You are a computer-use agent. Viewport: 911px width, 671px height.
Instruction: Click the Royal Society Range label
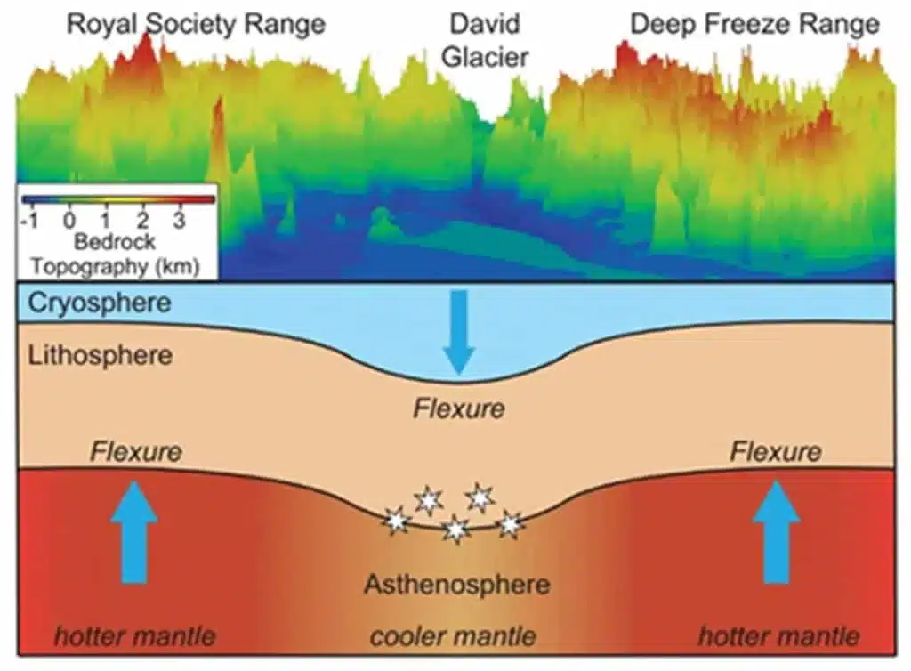pos(196,25)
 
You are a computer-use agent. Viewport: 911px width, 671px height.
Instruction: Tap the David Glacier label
pos(485,41)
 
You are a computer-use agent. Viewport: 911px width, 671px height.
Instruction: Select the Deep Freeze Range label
pos(754,25)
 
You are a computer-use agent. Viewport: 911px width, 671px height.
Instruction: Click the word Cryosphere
pos(100,303)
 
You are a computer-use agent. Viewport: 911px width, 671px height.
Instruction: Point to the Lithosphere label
pos(100,355)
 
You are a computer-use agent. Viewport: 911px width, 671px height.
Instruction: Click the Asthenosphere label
pos(457,584)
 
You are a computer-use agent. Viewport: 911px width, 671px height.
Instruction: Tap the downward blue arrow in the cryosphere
pos(459,332)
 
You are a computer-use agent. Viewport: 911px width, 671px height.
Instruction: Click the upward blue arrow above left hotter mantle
pos(134,531)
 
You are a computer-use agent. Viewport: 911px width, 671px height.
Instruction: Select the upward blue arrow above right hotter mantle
pos(777,531)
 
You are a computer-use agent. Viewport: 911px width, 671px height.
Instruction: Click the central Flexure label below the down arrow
pos(459,408)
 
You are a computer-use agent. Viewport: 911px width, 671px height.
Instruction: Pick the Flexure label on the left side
pos(136,451)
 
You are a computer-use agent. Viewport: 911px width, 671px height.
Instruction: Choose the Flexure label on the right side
pos(776,451)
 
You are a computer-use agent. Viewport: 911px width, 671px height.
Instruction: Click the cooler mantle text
pos(453,636)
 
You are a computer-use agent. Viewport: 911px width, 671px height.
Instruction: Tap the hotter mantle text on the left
pos(135,636)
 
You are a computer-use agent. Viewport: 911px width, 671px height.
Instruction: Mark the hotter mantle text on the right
pos(778,636)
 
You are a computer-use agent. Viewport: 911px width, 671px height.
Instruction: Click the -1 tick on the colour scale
pos(29,220)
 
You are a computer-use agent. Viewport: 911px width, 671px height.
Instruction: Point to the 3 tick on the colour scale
pos(179,220)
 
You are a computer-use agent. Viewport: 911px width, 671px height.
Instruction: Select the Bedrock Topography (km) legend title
pos(115,254)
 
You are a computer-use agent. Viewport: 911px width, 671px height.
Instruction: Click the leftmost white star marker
pos(398,520)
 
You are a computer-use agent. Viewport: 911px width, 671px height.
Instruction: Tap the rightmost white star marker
pos(510,524)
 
